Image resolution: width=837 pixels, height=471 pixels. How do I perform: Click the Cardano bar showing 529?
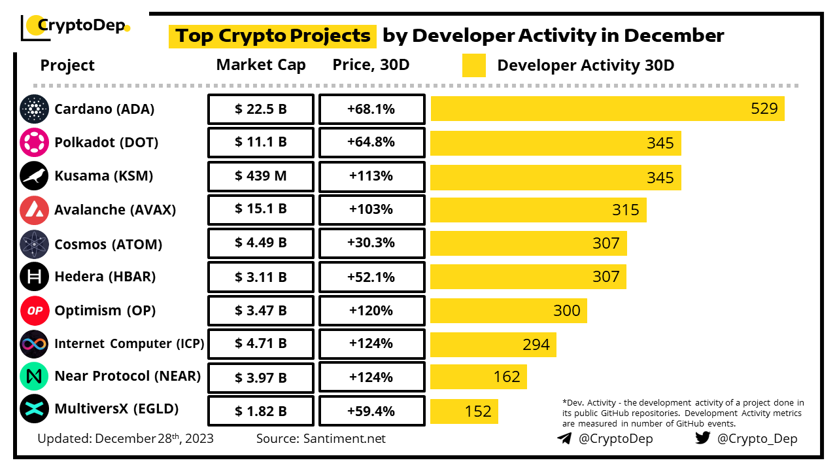point(607,109)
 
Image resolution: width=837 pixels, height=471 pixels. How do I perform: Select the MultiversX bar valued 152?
point(464,411)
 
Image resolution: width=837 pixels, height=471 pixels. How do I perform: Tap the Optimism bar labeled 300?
point(508,310)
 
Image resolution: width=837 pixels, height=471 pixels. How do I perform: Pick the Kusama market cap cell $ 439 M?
point(261,177)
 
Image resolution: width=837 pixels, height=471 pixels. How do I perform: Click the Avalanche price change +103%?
point(371,210)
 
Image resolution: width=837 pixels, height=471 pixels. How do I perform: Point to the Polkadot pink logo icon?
point(34,143)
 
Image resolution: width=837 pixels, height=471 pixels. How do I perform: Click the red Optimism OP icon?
point(34,311)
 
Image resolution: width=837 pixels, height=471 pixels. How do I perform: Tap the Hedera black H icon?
point(34,277)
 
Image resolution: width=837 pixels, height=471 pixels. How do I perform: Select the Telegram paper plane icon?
point(564,438)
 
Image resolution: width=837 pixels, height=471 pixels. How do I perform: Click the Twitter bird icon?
point(703,438)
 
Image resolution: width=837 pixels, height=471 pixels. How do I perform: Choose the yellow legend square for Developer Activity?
point(474,65)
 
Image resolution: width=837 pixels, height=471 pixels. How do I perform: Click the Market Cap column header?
point(261,65)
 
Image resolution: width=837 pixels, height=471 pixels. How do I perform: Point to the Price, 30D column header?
point(371,65)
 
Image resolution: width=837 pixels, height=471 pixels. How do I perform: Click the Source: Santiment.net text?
point(321,438)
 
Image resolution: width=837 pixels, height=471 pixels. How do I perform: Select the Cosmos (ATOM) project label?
point(109,244)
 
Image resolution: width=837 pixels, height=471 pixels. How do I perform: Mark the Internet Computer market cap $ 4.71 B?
point(261,344)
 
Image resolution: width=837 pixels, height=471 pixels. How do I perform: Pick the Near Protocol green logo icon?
point(34,377)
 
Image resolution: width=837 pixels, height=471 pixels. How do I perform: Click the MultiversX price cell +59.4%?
point(371,411)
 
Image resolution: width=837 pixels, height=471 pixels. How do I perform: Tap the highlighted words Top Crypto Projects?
point(273,35)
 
